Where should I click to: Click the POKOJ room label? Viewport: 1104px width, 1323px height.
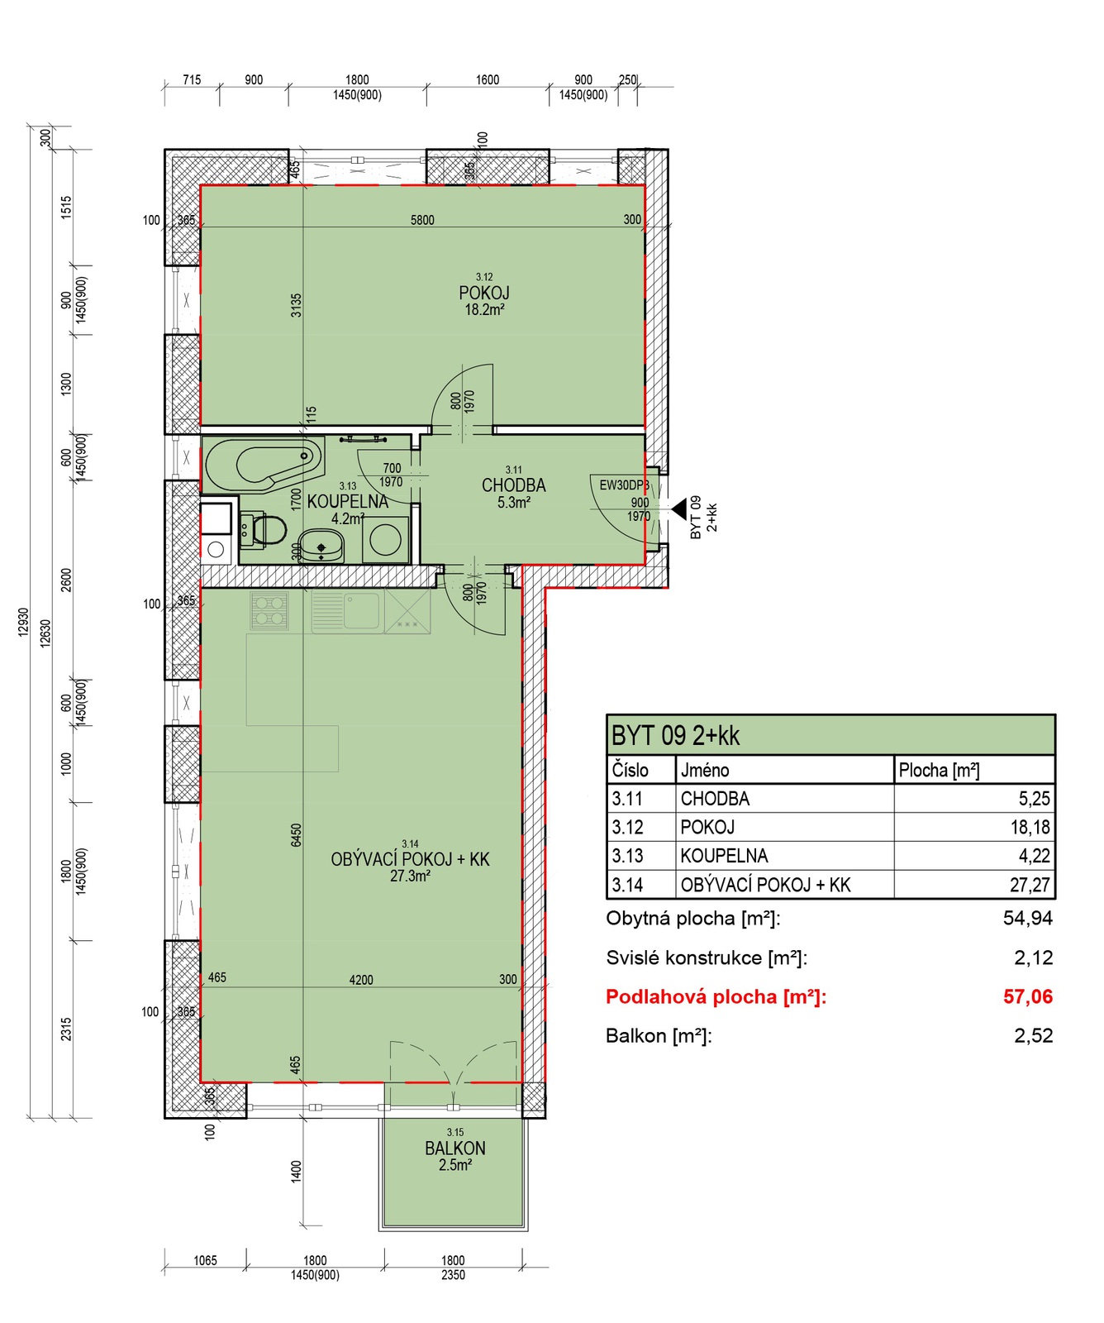point(484,293)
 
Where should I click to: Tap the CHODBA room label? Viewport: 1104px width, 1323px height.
point(514,485)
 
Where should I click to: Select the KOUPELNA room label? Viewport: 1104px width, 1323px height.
point(348,501)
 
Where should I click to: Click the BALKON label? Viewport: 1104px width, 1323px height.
point(455,1149)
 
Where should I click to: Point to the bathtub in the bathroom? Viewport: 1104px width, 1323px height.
point(263,465)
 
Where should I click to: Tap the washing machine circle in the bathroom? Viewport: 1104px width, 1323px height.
point(386,540)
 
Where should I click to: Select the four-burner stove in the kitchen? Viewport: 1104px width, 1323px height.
point(269,611)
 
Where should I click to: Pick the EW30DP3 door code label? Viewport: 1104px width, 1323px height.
point(625,485)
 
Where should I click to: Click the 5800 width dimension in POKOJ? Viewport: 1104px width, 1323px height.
point(422,220)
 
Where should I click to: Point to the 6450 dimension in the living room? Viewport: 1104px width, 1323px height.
point(296,834)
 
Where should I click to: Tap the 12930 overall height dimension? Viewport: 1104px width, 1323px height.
point(23,621)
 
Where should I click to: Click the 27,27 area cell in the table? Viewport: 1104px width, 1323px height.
point(1030,885)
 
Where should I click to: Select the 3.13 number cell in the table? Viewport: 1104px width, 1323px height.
point(627,856)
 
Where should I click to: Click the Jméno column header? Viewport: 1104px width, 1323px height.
point(705,771)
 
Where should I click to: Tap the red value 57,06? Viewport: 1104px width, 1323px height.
point(1028,996)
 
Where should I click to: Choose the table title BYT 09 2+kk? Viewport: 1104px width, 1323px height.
point(675,735)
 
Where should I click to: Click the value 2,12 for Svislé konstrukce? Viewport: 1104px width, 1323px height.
point(1034,958)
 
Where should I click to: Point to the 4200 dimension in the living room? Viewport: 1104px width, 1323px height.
point(361,980)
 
